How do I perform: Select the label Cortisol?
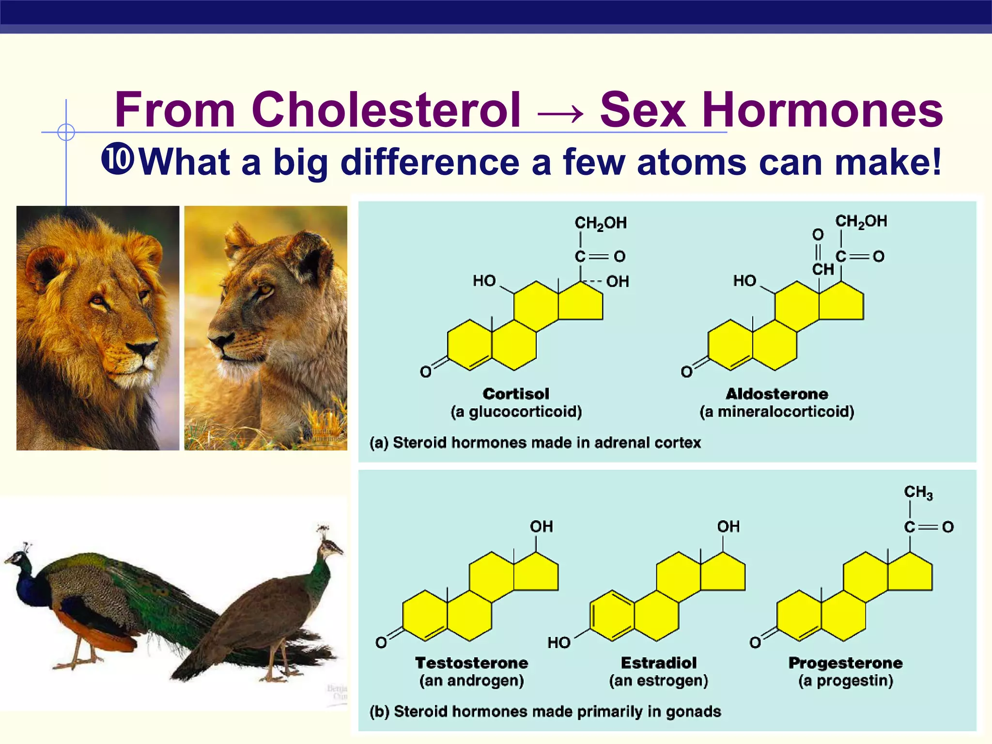point(516,394)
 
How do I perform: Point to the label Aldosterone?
point(776,394)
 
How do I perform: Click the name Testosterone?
point(471,663)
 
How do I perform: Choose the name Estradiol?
point(659,663)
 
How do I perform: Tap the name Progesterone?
point(845,663)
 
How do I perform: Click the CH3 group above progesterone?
point(918,492)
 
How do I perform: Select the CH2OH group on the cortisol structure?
point(601,223)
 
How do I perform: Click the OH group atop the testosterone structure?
point(541,527)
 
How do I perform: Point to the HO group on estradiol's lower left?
point(559,643)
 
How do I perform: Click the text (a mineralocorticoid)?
point(776,412)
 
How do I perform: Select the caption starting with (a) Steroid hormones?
point(535,443)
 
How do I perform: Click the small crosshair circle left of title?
point(66,132)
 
